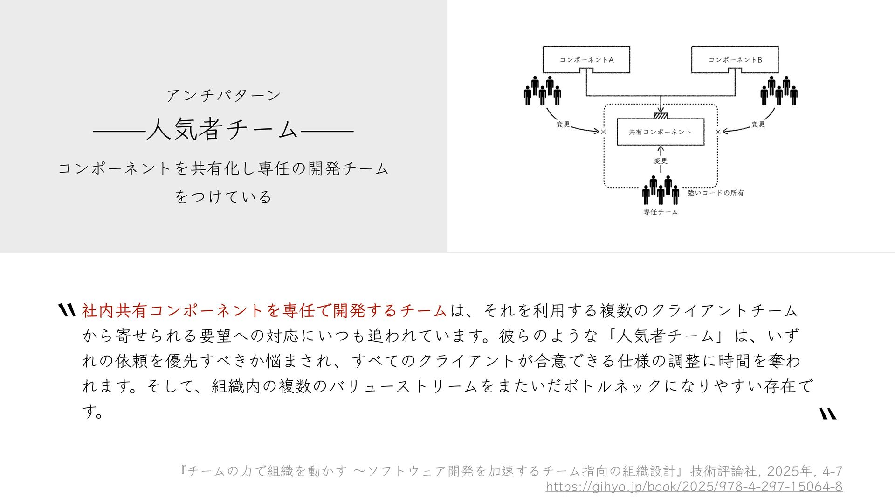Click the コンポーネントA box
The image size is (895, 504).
[x=586, y=59]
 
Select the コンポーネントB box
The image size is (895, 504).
[x=735, y=59]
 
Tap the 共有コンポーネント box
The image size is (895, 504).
[x=660, y=132]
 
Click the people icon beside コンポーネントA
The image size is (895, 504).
[x=542, y=91]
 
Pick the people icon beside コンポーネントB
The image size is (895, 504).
[x=778, y=91]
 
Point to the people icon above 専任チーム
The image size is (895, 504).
[x=661, y=190]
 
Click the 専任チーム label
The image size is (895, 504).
[x=661, y=212]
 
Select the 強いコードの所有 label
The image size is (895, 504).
[x=716, y=193]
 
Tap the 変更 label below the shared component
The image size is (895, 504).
[x=661, y=161]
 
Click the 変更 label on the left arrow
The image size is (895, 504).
[x=563, y=125]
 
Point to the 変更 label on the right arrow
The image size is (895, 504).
[x=758, y=125]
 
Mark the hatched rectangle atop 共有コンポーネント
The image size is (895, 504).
[x=661, y=116]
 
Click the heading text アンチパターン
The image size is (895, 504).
[x=224, y=96]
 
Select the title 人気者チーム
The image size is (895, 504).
[x=223, y=130]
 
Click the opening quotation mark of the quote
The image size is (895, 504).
[x=67, y=310]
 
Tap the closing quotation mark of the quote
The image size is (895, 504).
[x=828, y=414]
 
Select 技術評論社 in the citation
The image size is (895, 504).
[x=723, y=471]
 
